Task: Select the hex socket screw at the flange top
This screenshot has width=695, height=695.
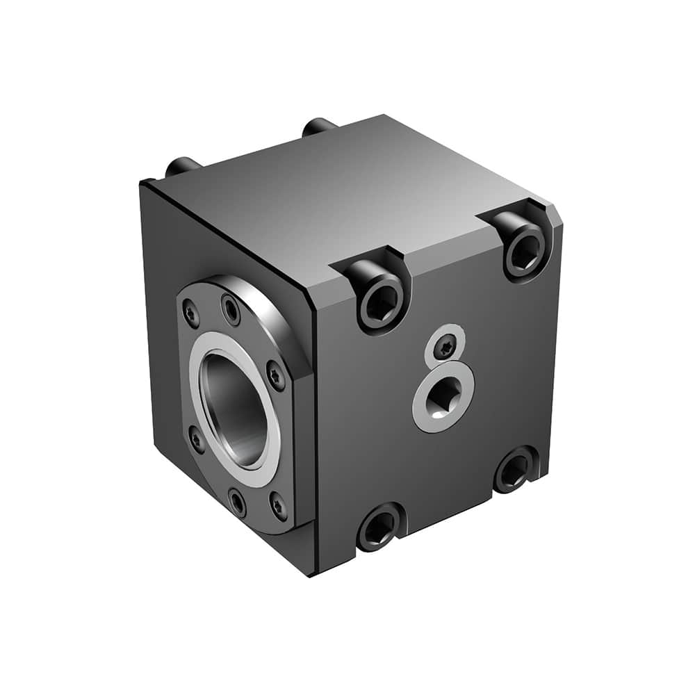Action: [x=230, y=309]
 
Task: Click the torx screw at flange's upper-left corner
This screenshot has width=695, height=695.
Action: [x=190, y=314]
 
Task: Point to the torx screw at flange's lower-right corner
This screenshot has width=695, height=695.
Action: [x=279, y=507]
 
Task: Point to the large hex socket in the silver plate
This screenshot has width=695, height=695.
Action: [x=443, y=398]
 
